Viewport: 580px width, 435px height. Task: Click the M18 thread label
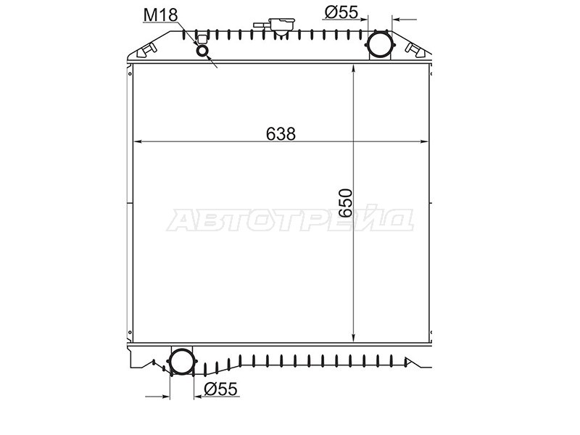[160, 15]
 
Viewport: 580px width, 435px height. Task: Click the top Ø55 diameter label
[341, 12]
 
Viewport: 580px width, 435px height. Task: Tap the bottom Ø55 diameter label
[220, 389]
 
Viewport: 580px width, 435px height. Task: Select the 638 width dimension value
[281, 134]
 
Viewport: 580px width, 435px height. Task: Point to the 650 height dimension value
[346, 203]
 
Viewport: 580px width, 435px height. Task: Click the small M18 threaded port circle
[202, 50]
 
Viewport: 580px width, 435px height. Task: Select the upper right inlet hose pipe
[379, 44]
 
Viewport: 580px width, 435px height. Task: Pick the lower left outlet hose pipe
[181, 360]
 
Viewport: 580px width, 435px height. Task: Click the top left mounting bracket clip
[146, 50]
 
